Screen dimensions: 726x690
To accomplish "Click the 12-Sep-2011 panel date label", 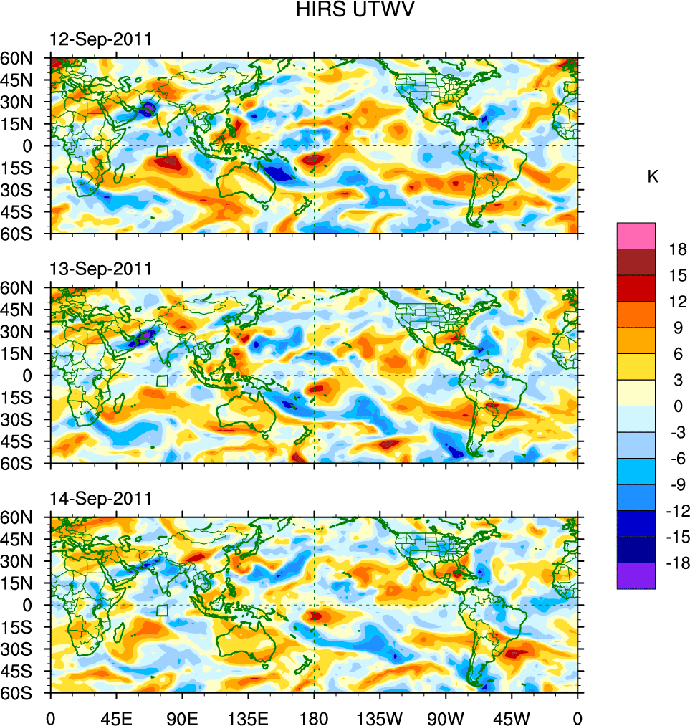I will click(x=100, y=40).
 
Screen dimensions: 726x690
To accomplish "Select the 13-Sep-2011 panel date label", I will click(x=100, y=269).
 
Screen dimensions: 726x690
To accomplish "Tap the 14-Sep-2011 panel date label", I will click(x=100, y=498).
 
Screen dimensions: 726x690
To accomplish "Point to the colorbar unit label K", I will click(x=653, y=177).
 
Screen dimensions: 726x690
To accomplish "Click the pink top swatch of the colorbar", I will click(x=636, y=236).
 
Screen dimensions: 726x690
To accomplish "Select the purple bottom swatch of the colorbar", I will click(x=636, y=576).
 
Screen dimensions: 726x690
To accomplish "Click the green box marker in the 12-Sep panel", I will click(x=163, y=151).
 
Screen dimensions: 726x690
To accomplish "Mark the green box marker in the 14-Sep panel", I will click(x=163, y=610).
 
